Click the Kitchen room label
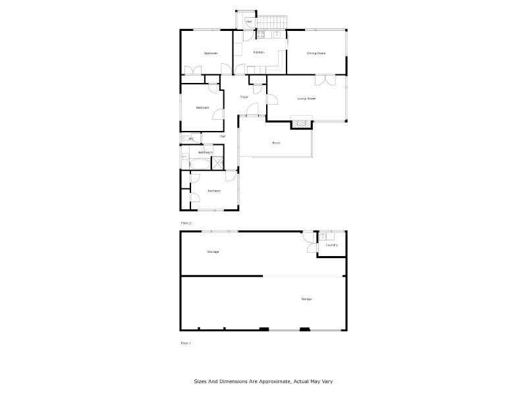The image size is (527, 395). click(259, 53)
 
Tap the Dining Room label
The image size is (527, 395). click(316, 53)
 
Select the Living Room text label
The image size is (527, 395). click(306, 99)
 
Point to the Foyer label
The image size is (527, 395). click(244, 97)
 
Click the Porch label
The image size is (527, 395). click(277, 143)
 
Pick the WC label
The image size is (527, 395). click(191, 139)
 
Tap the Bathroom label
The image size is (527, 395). click(205, 152)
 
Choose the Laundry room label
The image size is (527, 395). click(331, 245)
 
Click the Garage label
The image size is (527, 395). click(306, 299)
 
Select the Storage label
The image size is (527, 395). click(213, 251)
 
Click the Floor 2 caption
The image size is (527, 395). click(186, 223)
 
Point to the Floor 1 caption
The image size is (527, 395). click(186, 343)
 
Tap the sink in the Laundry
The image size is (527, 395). click(323, 236)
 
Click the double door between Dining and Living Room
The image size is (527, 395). click(323, 80)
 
